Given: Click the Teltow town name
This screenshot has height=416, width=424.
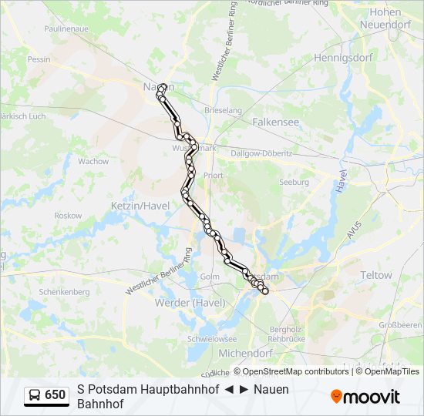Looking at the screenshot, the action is [x=376, y=275].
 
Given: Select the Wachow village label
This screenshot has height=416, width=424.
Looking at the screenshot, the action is [x=93, y=162].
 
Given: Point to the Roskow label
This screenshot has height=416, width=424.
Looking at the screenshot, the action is [x=68, y=216].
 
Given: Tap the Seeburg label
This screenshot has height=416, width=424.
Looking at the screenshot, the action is [x=294, y=183].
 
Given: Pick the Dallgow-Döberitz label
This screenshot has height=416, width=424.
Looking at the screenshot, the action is [x=262, y=153].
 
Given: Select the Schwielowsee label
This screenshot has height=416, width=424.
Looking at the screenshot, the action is [x=212, y=338].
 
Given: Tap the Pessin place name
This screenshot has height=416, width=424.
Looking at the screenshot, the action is [x=39, y=59].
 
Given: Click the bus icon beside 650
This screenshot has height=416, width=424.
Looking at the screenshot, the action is [x=35, y=395].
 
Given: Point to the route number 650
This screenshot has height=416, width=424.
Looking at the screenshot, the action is [x=56, y=395].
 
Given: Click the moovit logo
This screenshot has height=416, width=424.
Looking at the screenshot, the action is [x=365, y=397].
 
